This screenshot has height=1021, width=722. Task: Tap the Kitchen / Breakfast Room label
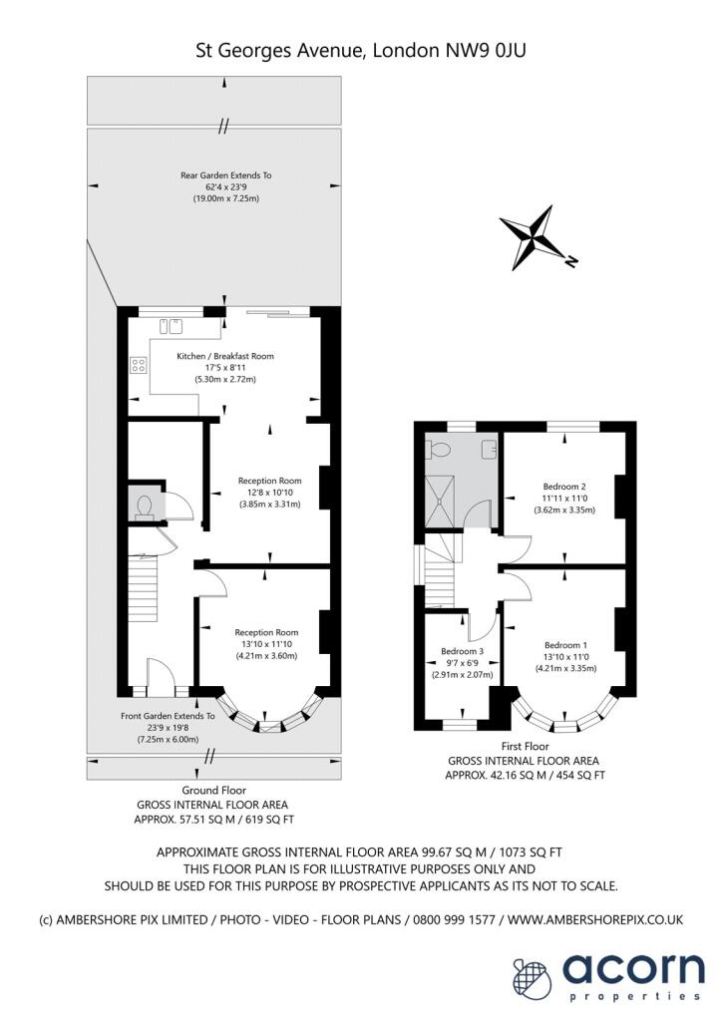click(225, 356)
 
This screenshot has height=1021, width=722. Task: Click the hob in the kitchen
click(138, 366)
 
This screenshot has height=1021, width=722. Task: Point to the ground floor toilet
click(144, 508)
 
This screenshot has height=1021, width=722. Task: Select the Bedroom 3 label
click(462, 652)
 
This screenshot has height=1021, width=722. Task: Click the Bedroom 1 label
click(564, 645)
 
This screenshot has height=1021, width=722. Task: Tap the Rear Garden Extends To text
click(225, 175)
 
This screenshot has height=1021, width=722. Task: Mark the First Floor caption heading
click(525, 746)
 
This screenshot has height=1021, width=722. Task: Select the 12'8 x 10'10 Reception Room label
click(269, 481)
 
